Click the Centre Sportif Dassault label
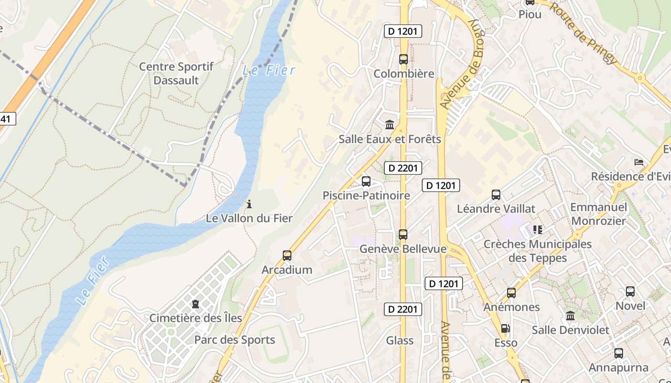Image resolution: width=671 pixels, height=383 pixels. (176, 73)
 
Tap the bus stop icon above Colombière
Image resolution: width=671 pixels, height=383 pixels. (404, 59)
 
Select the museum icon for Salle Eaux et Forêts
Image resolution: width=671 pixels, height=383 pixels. (390, 125)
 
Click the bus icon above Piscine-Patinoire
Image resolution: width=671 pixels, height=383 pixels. (366, 181)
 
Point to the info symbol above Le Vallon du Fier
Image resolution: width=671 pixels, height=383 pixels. (249, 204)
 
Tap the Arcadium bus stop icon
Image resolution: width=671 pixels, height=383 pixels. (287, 256)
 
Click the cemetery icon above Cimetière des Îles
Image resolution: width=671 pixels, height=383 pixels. (195, 304)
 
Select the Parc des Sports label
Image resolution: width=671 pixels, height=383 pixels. (234, 340)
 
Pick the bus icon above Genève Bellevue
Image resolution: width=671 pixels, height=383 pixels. (403, 235)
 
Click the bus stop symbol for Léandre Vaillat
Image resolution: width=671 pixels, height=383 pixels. (496, 195)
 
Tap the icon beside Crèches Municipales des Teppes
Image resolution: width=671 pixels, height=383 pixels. (537, 230)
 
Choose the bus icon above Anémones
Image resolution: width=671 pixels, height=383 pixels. (511, 293)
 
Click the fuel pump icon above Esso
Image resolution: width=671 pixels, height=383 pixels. (505, 328)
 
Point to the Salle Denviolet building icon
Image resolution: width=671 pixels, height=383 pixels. (570, 316)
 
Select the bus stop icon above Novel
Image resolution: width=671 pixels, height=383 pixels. (630, 292)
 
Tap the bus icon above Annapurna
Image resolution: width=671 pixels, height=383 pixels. (619, 354)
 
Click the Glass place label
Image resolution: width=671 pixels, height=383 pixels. (400, 340)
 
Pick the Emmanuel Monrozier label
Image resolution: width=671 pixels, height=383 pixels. (598, 214)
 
